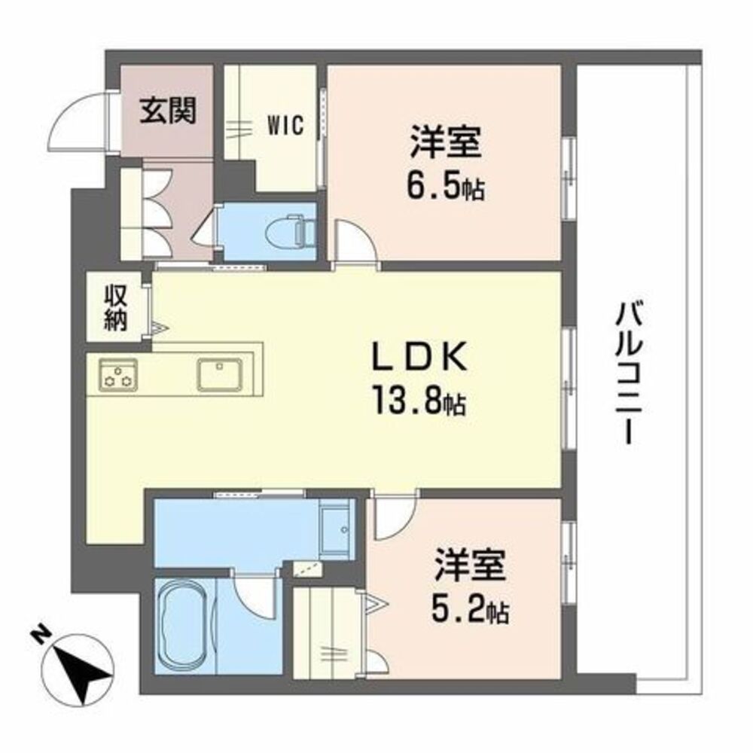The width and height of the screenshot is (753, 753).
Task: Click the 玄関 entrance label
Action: point(168,111)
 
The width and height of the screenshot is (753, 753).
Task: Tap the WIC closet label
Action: point(285,126)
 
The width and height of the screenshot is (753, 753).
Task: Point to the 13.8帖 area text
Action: point(419,402)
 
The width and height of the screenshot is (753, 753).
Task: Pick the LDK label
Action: point(419,356)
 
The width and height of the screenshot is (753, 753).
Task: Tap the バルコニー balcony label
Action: point(629,372)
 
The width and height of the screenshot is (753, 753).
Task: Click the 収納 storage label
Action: point(116,308)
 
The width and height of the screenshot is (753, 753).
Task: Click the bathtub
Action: point(185,626)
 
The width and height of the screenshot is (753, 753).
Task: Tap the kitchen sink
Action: point(219,374)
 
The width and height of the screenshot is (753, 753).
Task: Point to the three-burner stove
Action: point(117,374)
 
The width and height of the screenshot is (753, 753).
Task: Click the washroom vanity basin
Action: point(336,529)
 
